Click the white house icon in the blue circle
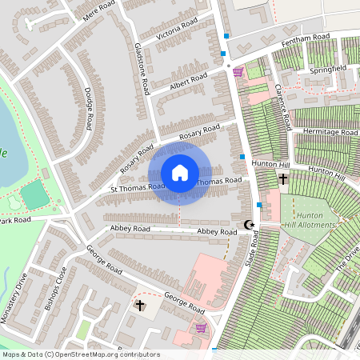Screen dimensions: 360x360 180,173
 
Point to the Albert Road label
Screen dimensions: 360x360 189,81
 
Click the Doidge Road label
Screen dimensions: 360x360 89,109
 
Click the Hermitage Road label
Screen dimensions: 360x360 330,132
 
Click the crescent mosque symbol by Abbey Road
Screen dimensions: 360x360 248,225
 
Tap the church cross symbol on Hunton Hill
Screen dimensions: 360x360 283,179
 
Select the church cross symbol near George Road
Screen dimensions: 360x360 141,306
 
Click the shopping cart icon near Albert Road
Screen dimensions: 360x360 238,72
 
